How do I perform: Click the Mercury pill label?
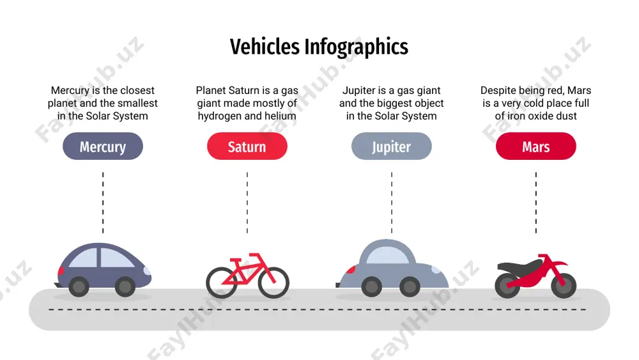pyautogui.click(x=103, y=146)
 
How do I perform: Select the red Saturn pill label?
pyautogui.click(x=247, y=146)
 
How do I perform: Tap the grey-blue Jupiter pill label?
pyautogui.click(x=391, y=146)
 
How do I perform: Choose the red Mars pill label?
pyautogui.click(x=536, y=146)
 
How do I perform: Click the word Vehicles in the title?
pyautogui.click(x=265, y=47)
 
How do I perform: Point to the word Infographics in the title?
pyautogui.click(x=356, y=47)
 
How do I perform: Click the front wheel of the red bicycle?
pyautogui.click(x=273, y=282)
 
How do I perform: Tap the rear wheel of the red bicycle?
pyautogui.click(x=222, y=282)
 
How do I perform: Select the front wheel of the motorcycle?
pyautogui.click(x=564, y=285)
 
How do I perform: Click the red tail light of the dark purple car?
pyautogui.click(x=61, y=270)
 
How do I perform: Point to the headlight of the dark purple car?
pyautogui.click(x=147, y=270)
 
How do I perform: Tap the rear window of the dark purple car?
pyautogui.click(x=84, y=258)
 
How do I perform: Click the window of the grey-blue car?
pyautogui.click(x=387, y=255)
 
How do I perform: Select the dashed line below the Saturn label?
pyautogui.click(x=247, y=203)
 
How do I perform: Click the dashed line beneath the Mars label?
pyautogui.click(x=536, y=203)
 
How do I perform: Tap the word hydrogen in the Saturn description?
pyautogui.click(x=220, y=116)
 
